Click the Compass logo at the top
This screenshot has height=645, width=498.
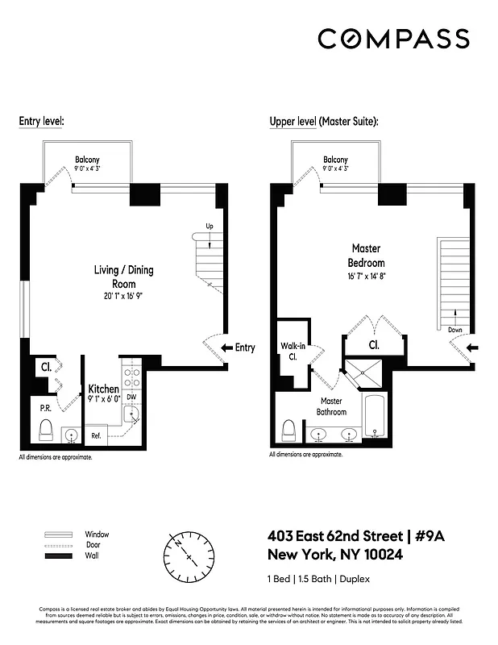pos(393,39)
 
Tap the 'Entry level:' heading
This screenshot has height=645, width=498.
pos(41,122)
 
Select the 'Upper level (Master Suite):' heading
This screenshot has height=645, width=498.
pos(323,122)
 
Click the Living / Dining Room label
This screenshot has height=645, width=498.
pos(124,277)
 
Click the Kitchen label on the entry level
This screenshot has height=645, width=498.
pos(104,389)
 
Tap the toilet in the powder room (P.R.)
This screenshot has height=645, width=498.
pos(45,431)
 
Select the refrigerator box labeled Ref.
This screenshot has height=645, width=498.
pos(96,435)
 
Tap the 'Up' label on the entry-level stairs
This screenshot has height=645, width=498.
pos(209,226)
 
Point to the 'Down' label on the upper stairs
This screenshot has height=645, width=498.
pos(455,330)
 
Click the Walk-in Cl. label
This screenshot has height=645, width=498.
pos(292,351)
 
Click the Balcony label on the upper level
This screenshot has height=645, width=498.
pos(335,160)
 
